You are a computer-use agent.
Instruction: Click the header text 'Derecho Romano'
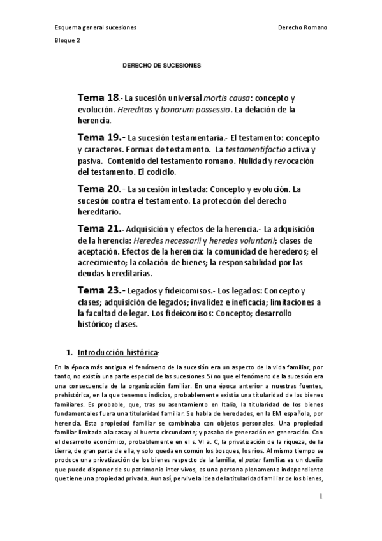pyautogui.click(x=304, y=28)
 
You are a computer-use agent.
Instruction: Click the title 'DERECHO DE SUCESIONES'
pyautogui.click(x=161, y=65)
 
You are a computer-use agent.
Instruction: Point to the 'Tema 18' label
pyautogui.click(x=98, y=98)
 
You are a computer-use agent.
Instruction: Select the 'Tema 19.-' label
pyautogui.click(x=101, y=137)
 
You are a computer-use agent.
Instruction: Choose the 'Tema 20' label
pyautogui.click(x=99, y=189)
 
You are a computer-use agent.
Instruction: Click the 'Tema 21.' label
pyautogui.click(x=99, y=229)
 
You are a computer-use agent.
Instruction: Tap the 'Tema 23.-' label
pyautogui.click(x=101, y=290)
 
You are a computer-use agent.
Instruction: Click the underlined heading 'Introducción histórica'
pyautogui.click(x=117, y=352)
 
